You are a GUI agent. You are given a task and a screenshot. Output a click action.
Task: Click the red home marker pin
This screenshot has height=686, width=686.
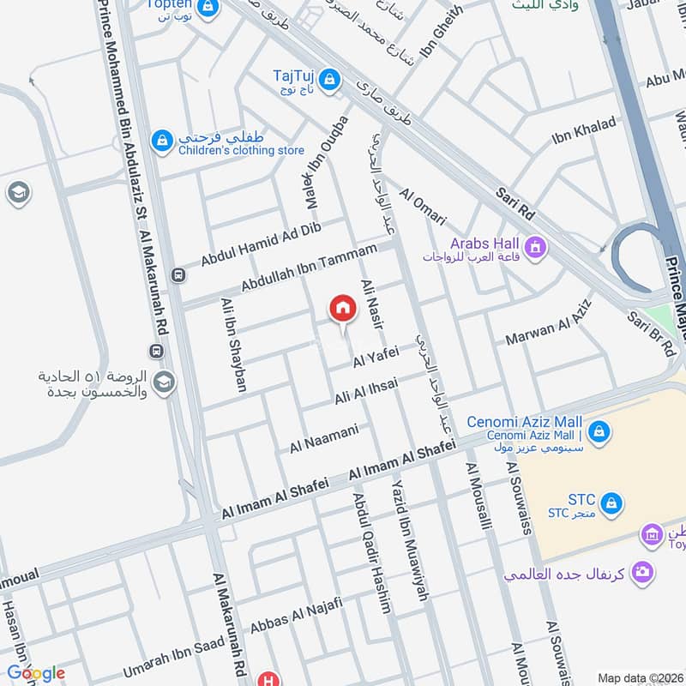point(342,309)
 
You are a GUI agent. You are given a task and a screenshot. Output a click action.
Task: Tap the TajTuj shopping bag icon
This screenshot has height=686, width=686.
point(331,81)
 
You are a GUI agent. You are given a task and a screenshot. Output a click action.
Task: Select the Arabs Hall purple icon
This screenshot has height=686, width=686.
point(536,249)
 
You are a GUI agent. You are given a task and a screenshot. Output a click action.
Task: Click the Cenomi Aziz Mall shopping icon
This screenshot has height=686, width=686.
point(599,430)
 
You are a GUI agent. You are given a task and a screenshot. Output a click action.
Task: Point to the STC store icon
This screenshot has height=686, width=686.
point(611,501)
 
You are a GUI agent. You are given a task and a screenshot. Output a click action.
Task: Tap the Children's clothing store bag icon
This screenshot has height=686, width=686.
point(161,140)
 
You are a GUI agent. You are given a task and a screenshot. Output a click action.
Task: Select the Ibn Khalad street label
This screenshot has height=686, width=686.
point(584,128)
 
